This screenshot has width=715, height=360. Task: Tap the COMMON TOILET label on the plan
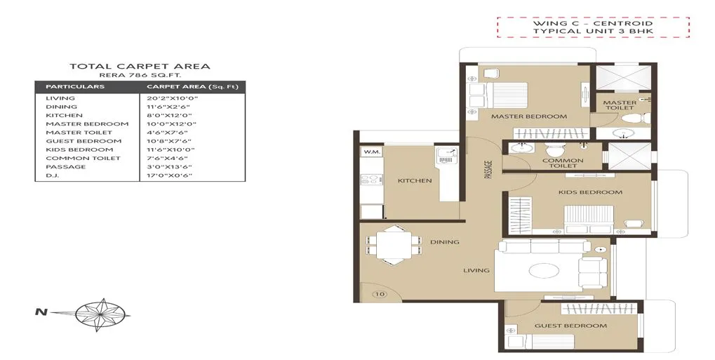point(563,164)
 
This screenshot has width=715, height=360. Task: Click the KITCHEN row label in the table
point(64,115)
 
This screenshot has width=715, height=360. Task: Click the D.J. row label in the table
point(53,175)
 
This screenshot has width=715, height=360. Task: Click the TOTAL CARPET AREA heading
point(140,67)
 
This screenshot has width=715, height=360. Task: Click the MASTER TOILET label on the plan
point(620,105)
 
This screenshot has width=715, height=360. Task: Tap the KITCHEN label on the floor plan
point(415,181)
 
